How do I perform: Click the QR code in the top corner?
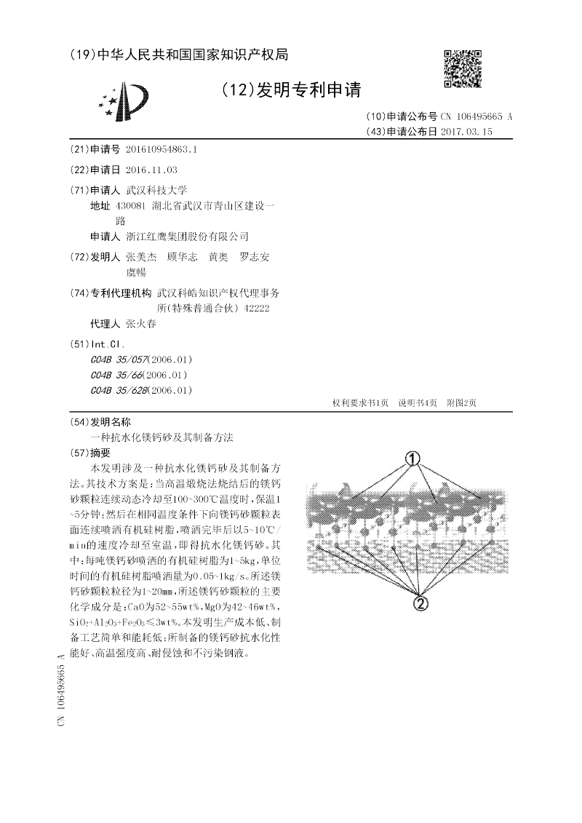pos(462,68)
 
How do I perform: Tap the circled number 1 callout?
pos(413,458)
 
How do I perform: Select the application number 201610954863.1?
pos(162,149)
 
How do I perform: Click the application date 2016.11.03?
pos(151,170)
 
